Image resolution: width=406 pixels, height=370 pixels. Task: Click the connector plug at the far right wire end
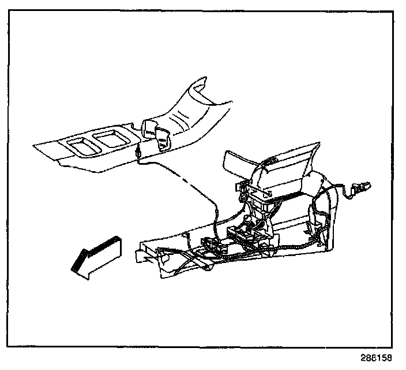(x=362, y=187)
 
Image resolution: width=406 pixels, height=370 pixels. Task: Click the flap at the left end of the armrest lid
(x=231, y=161)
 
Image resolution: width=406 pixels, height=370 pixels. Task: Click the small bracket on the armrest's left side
(x=240, y=188)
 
